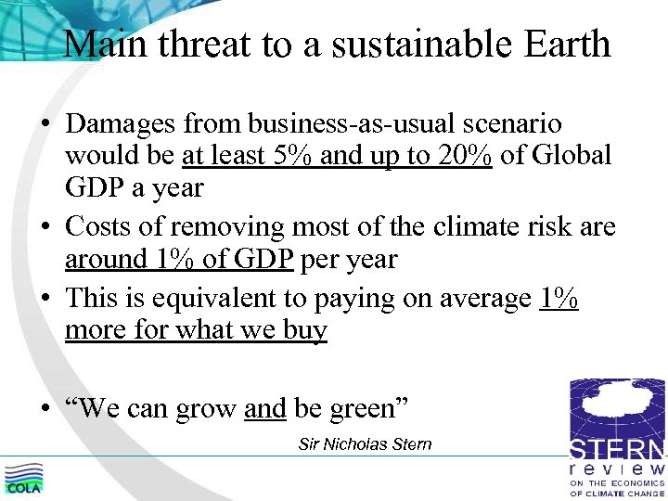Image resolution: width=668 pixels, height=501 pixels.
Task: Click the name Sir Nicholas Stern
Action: [x=365, y=444]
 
